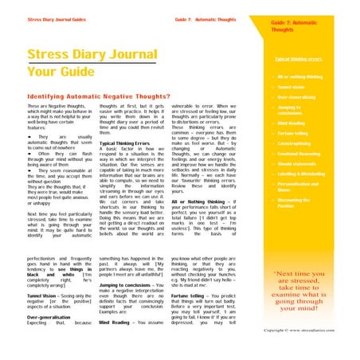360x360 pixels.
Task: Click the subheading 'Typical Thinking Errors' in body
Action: pos(126,143)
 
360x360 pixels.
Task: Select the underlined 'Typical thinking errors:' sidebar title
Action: pos(298,59)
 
